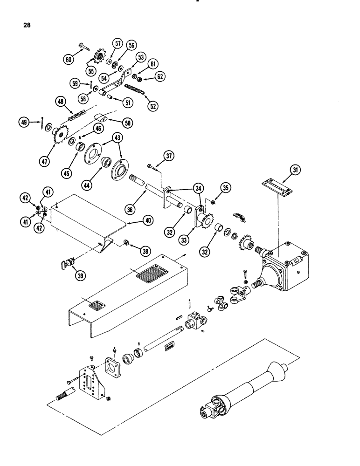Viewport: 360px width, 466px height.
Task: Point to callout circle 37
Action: click(x=169, y=156)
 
